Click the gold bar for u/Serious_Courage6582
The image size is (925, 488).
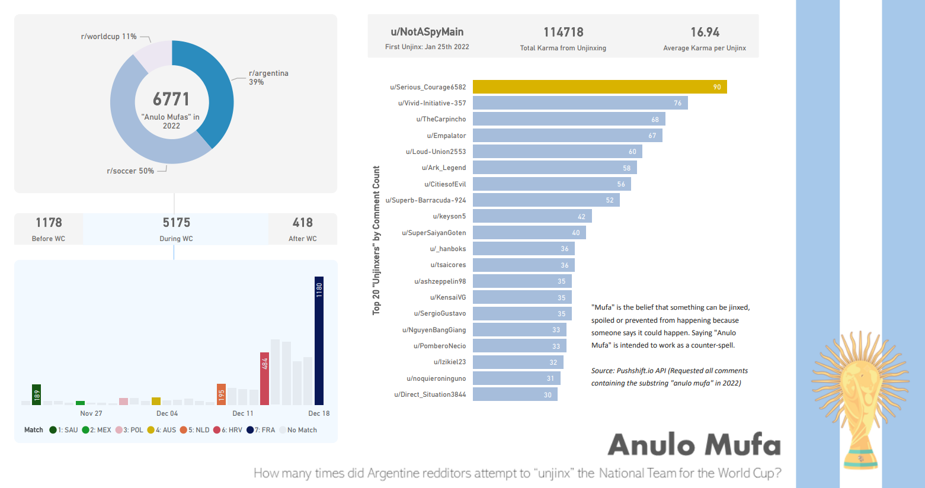[599, 87]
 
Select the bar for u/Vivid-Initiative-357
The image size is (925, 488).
[580, 103]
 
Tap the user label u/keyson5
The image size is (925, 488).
[449, 217]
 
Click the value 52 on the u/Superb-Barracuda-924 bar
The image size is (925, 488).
[610, 200]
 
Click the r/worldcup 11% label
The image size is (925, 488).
[109, 37]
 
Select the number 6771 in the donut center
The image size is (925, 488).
[171, 99]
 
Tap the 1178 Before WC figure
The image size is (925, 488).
[49, 223]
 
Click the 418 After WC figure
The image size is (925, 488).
[303, 223]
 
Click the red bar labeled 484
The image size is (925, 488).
[264, 379]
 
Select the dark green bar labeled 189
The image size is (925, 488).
[37, 395]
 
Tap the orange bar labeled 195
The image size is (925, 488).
[221, 394]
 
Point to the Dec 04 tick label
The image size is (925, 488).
[167, 413]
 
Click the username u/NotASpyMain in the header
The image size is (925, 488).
[427, 32]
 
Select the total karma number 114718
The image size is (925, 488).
[563, 32]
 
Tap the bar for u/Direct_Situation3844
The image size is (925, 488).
[514, 394]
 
